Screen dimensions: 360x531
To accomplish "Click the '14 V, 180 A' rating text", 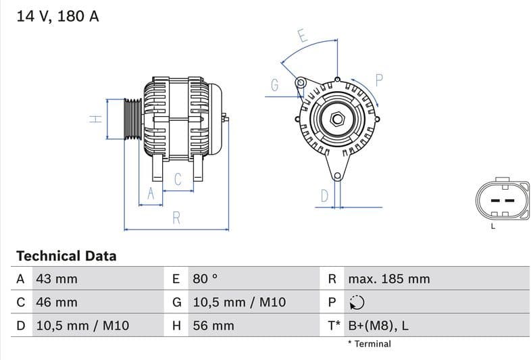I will point(57,16).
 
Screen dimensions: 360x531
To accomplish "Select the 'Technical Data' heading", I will point(66,256).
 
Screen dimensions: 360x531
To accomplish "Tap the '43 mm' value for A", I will point(56,279).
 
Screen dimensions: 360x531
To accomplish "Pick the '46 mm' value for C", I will point(56,303).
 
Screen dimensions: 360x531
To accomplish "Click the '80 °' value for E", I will point(205,279).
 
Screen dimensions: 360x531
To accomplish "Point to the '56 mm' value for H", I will point(213,326).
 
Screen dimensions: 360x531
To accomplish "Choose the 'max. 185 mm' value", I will point(388,279).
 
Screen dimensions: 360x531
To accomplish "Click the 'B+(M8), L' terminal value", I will point(378,326).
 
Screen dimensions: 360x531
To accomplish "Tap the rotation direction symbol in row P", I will point(357,303).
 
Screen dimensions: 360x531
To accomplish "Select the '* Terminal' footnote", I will point(369,344).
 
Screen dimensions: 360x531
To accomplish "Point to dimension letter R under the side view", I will point(177,217).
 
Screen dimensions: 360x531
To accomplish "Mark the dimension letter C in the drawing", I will point(178,179).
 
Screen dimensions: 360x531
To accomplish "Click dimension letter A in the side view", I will point(151,194).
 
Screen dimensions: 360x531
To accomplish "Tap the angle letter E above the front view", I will point(303,36).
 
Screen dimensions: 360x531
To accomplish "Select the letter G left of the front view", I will point(275,85).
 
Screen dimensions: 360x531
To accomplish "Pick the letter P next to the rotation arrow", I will point(379,80).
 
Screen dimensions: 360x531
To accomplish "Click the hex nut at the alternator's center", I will point(336,120).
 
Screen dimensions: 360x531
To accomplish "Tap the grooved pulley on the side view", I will point(132,120).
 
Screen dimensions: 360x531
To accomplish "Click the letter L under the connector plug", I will point(493,226).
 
